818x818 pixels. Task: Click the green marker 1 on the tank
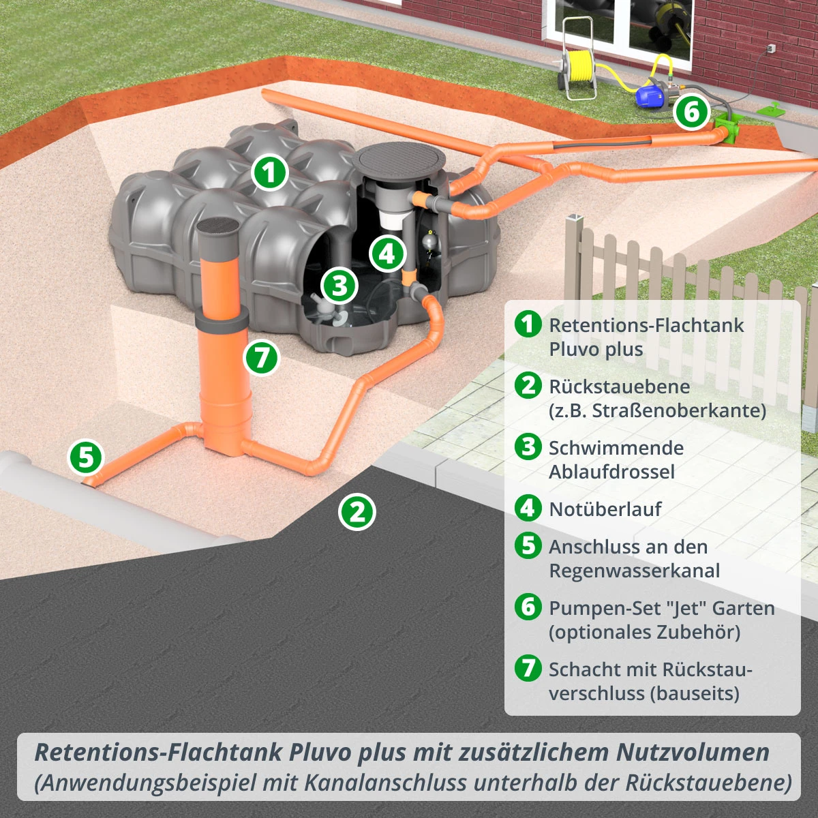tap(269, 172)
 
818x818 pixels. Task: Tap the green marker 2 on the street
tap(357, 512)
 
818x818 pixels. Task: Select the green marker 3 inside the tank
tap(339, 286)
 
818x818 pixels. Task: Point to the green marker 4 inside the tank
tap(388, 254)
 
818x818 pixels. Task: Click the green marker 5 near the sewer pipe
tap(86, 457)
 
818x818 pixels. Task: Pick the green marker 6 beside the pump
tap(691, 112)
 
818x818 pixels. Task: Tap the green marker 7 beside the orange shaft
tap(262, 357)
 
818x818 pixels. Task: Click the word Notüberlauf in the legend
tap(605, 509)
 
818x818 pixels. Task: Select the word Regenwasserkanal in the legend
tap(634, 571)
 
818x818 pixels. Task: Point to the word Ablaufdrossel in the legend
tap(611, 472)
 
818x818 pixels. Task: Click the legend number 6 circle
tap(528, 607)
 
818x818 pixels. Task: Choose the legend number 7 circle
tap(528, 668)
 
